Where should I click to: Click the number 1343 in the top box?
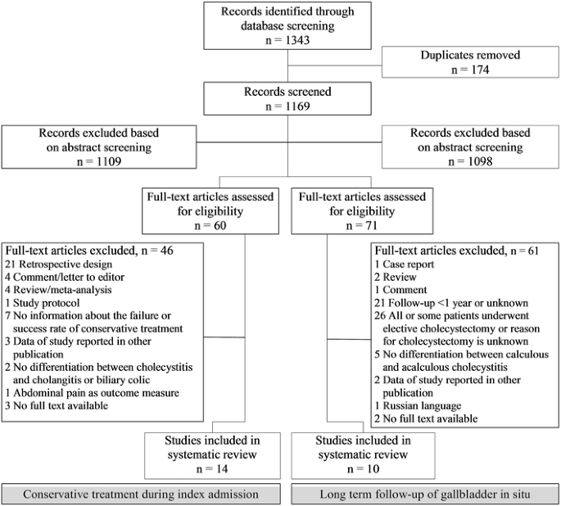[x=297, y=40]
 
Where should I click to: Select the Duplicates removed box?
[x=470, y=62]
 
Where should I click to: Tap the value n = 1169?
[x=287, y=106]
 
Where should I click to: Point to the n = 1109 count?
[x=99, y=161]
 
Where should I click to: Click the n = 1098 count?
[x=470, y=161]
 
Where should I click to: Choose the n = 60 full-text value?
[x=210, y=226]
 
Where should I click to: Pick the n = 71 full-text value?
[x=362, y=226]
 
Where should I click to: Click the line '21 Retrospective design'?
[x=58, y=264]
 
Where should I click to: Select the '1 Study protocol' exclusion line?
[x=43, y=303]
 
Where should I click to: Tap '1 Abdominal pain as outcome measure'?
[x=92, y=393]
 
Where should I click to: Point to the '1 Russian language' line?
[x=418, y=406]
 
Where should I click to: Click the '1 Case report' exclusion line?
[x=405, y=264]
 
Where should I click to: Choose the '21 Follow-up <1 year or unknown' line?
[x=451, y=303]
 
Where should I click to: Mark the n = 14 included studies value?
[x=212, y=469]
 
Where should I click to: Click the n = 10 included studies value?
[x=363, y=469]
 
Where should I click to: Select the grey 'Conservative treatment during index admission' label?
[x=141, y=495]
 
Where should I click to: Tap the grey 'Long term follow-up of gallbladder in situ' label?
[x=425, y=495]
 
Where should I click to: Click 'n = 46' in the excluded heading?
[x=157, y=251]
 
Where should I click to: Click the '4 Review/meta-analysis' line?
[x=58, y=290]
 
